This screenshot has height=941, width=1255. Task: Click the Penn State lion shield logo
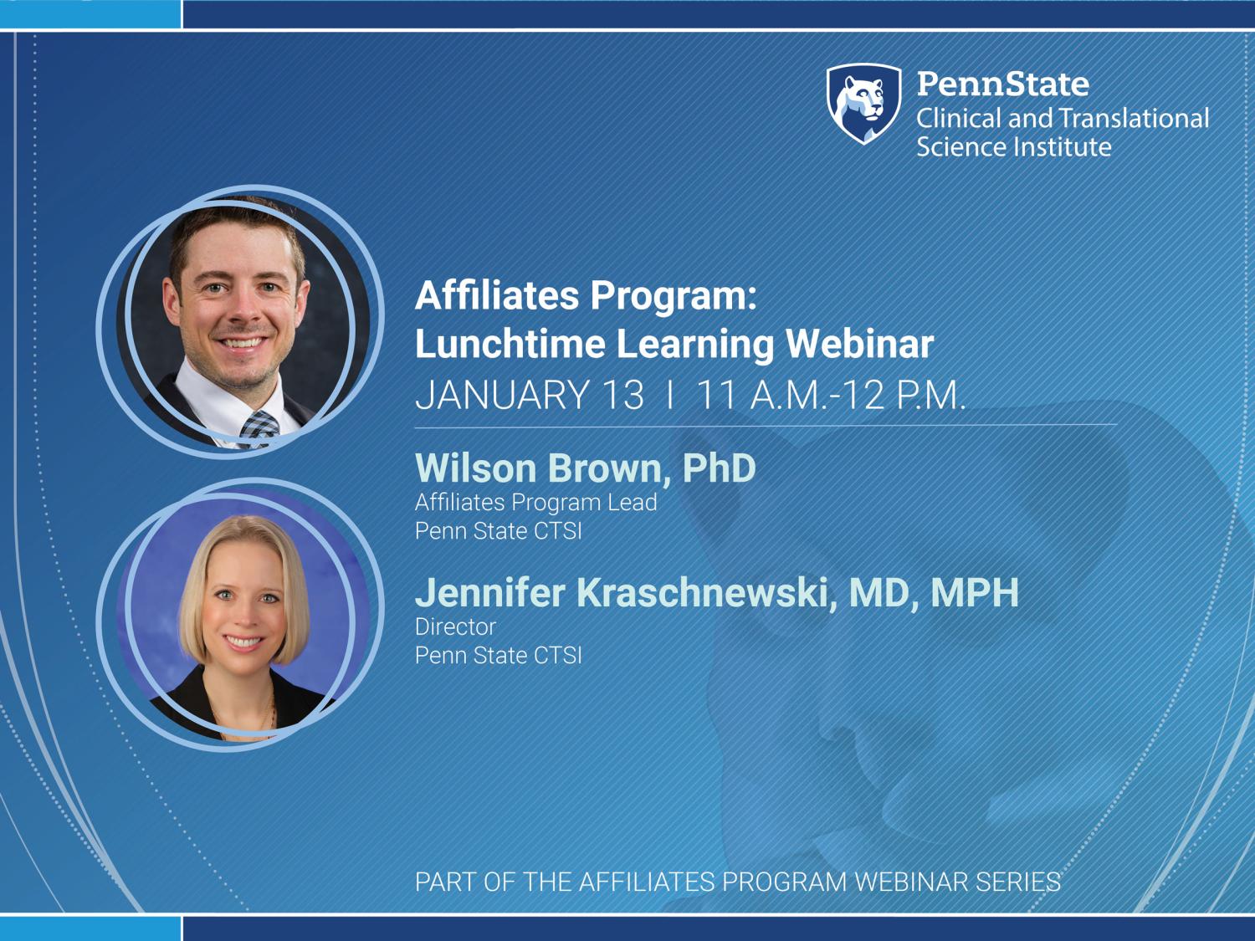coord(864,104)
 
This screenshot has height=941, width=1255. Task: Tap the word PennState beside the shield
coord(1003,84)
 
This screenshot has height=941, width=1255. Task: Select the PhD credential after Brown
coord(719,468)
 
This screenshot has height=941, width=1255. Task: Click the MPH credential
coord(975,592)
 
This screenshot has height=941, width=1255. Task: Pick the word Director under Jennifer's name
coord(455,626)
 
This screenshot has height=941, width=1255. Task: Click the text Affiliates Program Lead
coord(535,503)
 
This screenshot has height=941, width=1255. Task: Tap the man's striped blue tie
coord(259,429)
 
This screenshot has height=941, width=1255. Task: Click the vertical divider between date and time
coord(670,395)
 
